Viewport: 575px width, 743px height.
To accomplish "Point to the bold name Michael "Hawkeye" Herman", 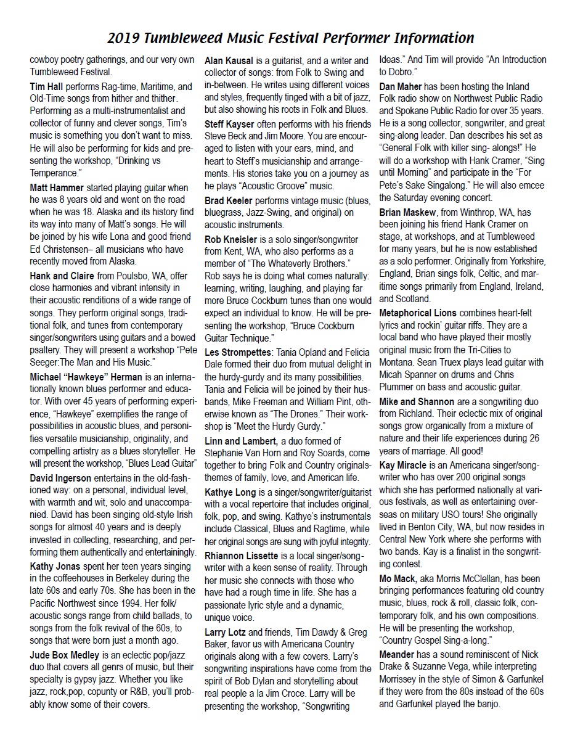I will click(x=86, y=376).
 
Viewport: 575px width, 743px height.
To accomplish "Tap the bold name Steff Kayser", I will click(x=232, y=124).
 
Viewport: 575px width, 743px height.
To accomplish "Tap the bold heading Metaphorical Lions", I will click(x=418, y=313).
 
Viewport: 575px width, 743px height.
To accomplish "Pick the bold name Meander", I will click(x=401, y=654).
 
